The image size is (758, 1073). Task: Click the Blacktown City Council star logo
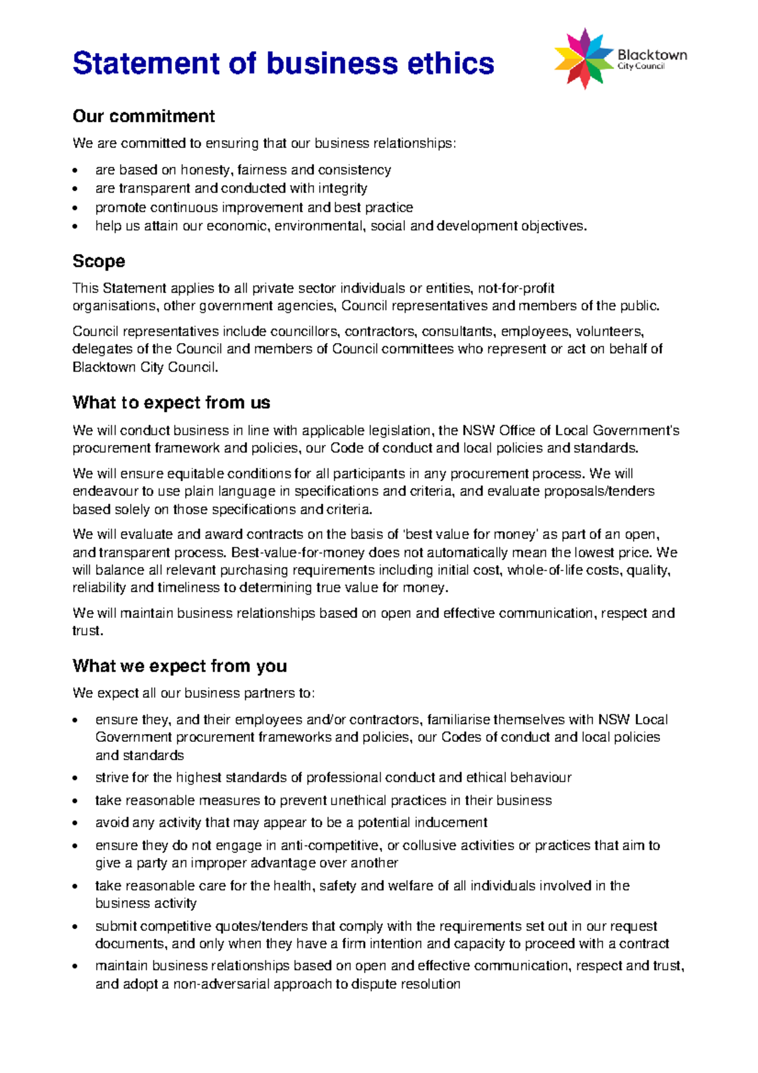[584, 59]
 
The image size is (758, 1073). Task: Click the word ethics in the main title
[450, 64]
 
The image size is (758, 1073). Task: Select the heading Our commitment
[143, 116]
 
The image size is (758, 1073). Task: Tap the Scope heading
[99, 261]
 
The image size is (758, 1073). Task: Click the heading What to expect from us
[171, 403]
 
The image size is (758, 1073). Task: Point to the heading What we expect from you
[179, 666]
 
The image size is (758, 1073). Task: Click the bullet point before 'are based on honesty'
[76, 171]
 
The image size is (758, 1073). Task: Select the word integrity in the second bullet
[342, 188]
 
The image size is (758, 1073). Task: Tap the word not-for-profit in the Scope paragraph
[516, 288]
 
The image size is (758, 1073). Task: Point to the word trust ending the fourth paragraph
[87, 631]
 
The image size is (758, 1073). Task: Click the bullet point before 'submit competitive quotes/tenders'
[76, 927]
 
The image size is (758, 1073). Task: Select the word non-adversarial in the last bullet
[221, 984]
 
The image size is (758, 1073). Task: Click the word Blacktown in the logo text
[652, 55]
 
